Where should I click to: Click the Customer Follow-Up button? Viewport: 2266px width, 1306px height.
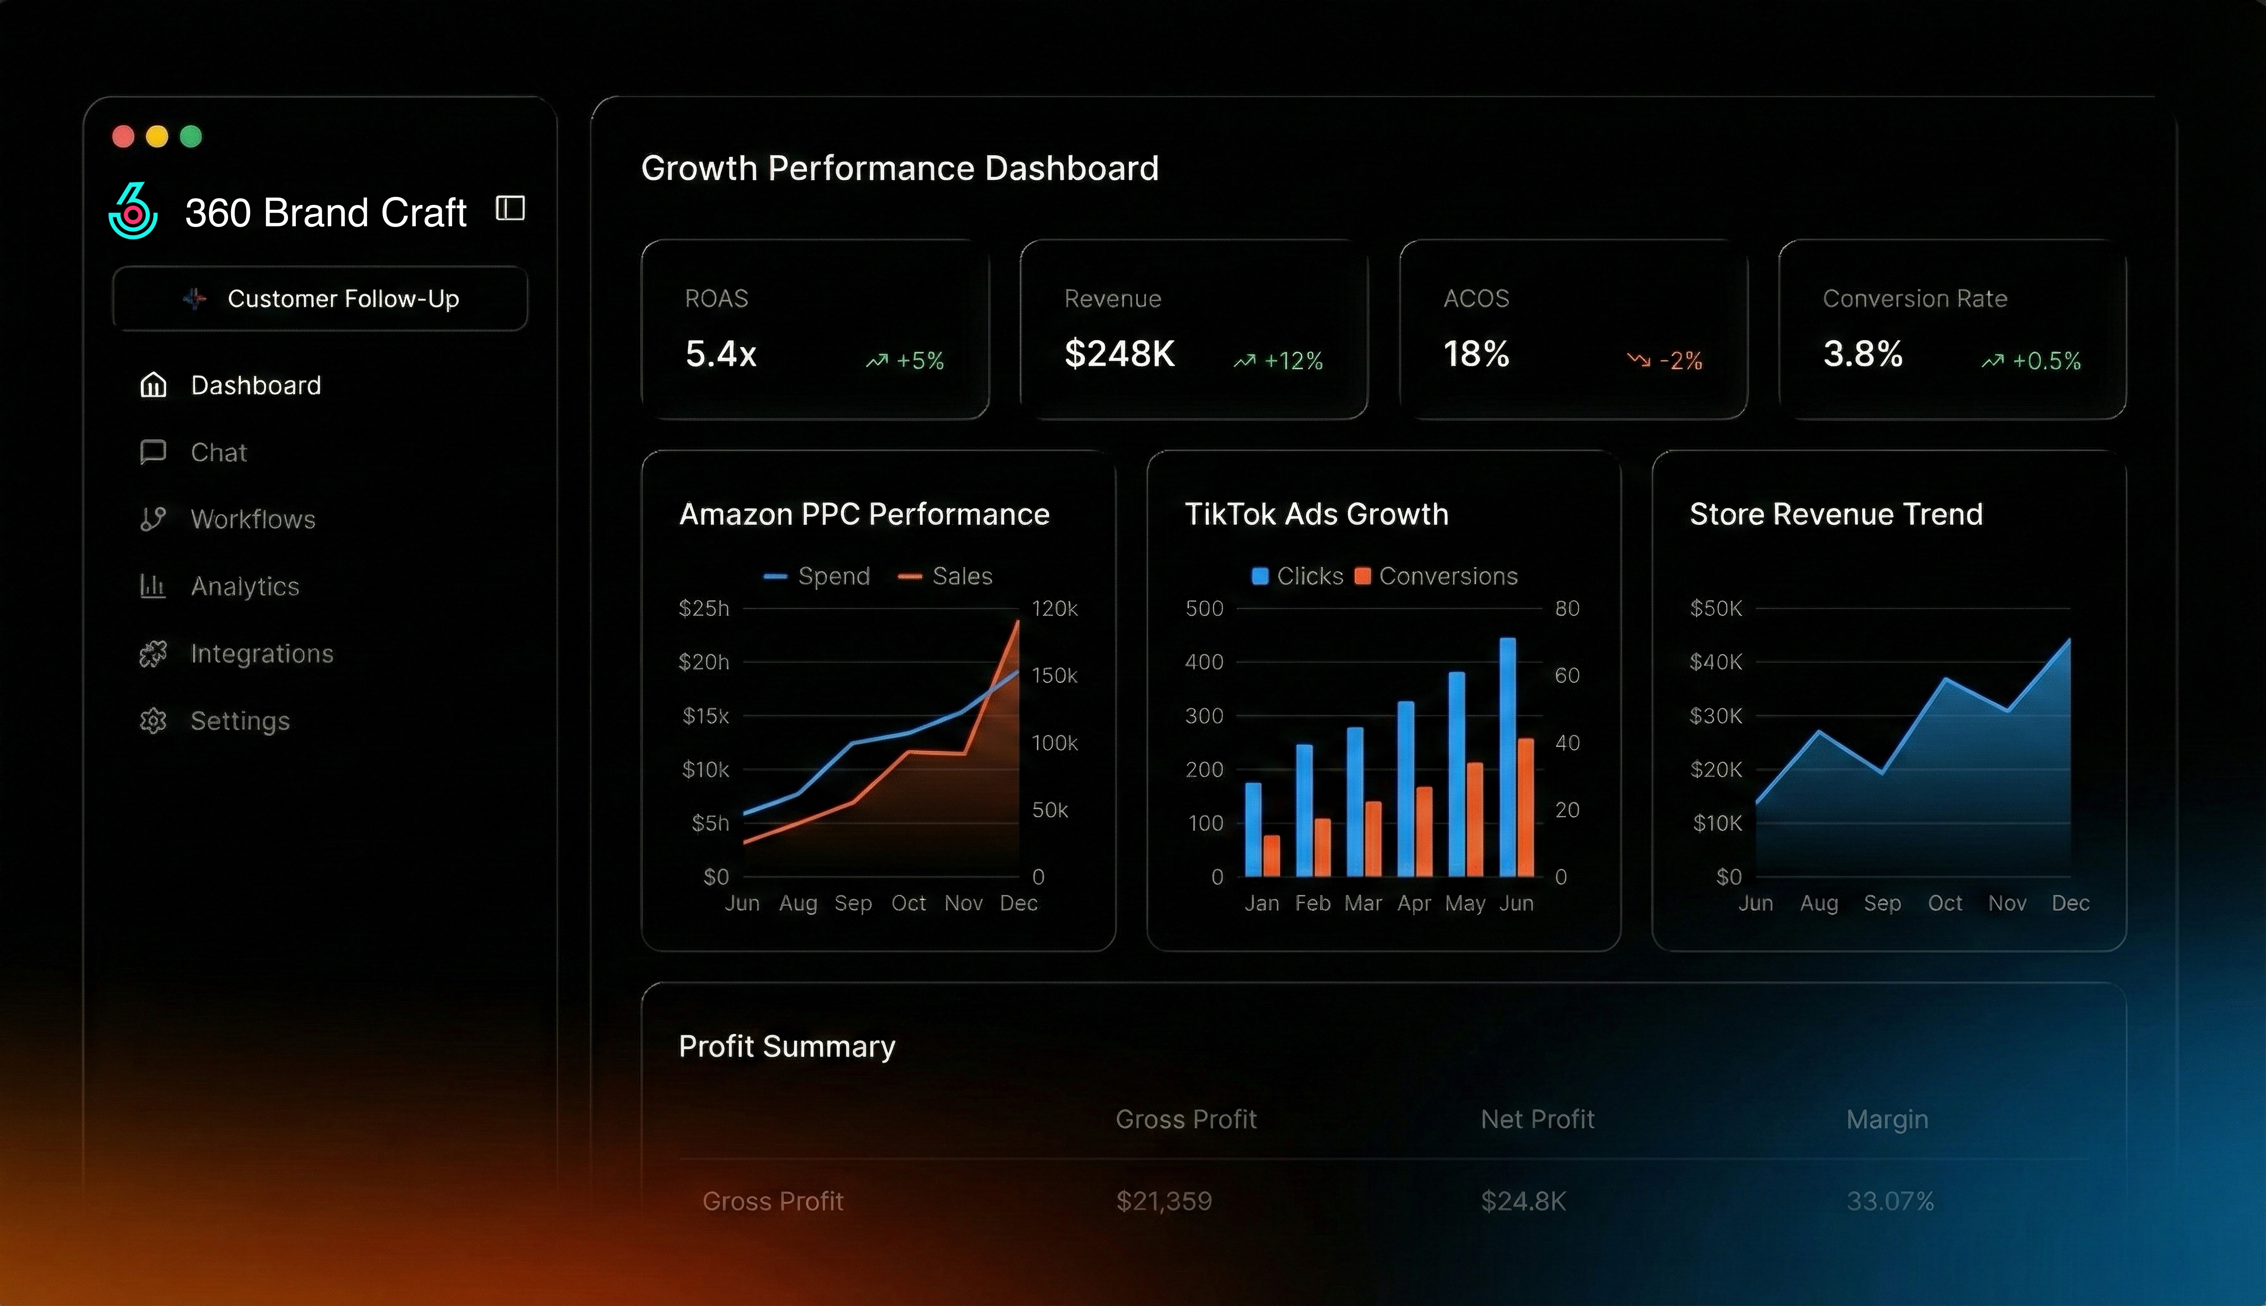(320, 299)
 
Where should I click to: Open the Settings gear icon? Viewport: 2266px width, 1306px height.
(153, 721)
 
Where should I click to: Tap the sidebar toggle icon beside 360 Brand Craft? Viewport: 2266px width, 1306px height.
(510, 209)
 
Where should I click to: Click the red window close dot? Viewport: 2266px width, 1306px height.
(123, 136)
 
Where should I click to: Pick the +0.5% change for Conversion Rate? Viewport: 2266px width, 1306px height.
(2045, 361)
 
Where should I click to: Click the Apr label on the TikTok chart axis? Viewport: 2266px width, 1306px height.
(1414, 903)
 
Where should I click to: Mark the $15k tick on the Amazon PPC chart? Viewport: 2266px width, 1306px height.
(705, 716)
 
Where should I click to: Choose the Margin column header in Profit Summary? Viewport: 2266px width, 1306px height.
(1887, 1119)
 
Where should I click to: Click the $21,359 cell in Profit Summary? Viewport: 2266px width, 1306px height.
(1164, 1201)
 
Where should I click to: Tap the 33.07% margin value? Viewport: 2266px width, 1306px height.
(1889, 1201)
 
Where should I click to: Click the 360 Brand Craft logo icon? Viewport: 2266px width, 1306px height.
(133, 211)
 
